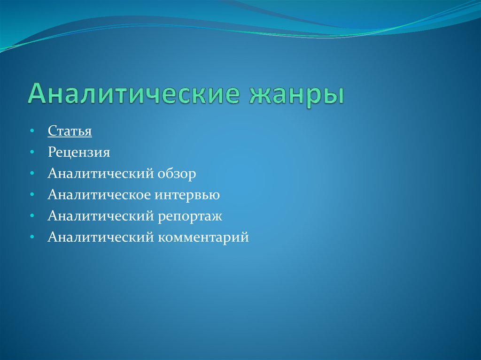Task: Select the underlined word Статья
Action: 70,131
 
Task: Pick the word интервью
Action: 193,195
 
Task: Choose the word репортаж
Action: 191,217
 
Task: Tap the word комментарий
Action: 203,238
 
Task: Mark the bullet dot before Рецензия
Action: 31,152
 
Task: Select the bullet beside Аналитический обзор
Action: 31,174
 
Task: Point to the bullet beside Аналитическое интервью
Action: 31,195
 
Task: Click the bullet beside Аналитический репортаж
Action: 31,216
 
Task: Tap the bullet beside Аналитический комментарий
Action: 31,237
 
